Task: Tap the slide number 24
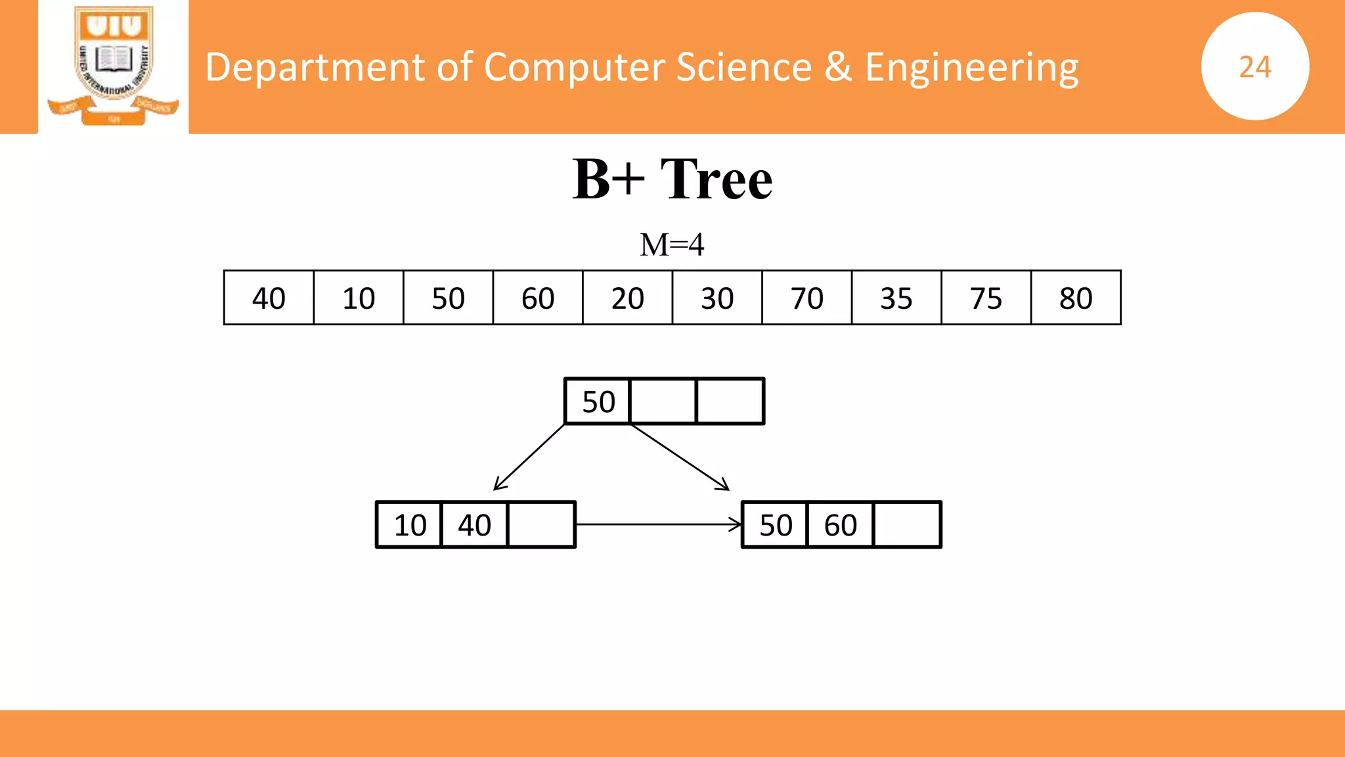pyautogui.click(x=1255, y=66)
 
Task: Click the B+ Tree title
pyautogui.click(x=672, y=179)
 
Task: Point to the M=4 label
pyautogui.click(x=672, y=244)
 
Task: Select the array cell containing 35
pyautogui.click(x=896, y=298)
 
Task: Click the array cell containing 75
pyautogui.click(x=986, y=298)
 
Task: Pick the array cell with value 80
pyautogui.click(x=1076, y=298)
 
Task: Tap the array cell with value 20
pyautogui.click(x=627, y=298)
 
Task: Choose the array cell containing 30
pyautogui.click(x=717, y=298)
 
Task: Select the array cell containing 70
pyautogui.click(x=806, y=298)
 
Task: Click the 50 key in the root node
pyautogui.click(x=598, y=401)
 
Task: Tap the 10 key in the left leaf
pyautogui.click(x=410, y=525)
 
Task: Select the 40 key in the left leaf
pyautogui.click(x=474, y=525)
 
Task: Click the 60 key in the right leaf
pyautogui.click(x=841, y=525)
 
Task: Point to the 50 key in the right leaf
pyautogui.click(x=776, y=525)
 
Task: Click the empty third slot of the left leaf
pyautogui.click(x=541, y=525)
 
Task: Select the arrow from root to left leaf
pyautogui.click(x=529, y=457)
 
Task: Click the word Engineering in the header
pyautogui.click(x=971, y=67)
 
